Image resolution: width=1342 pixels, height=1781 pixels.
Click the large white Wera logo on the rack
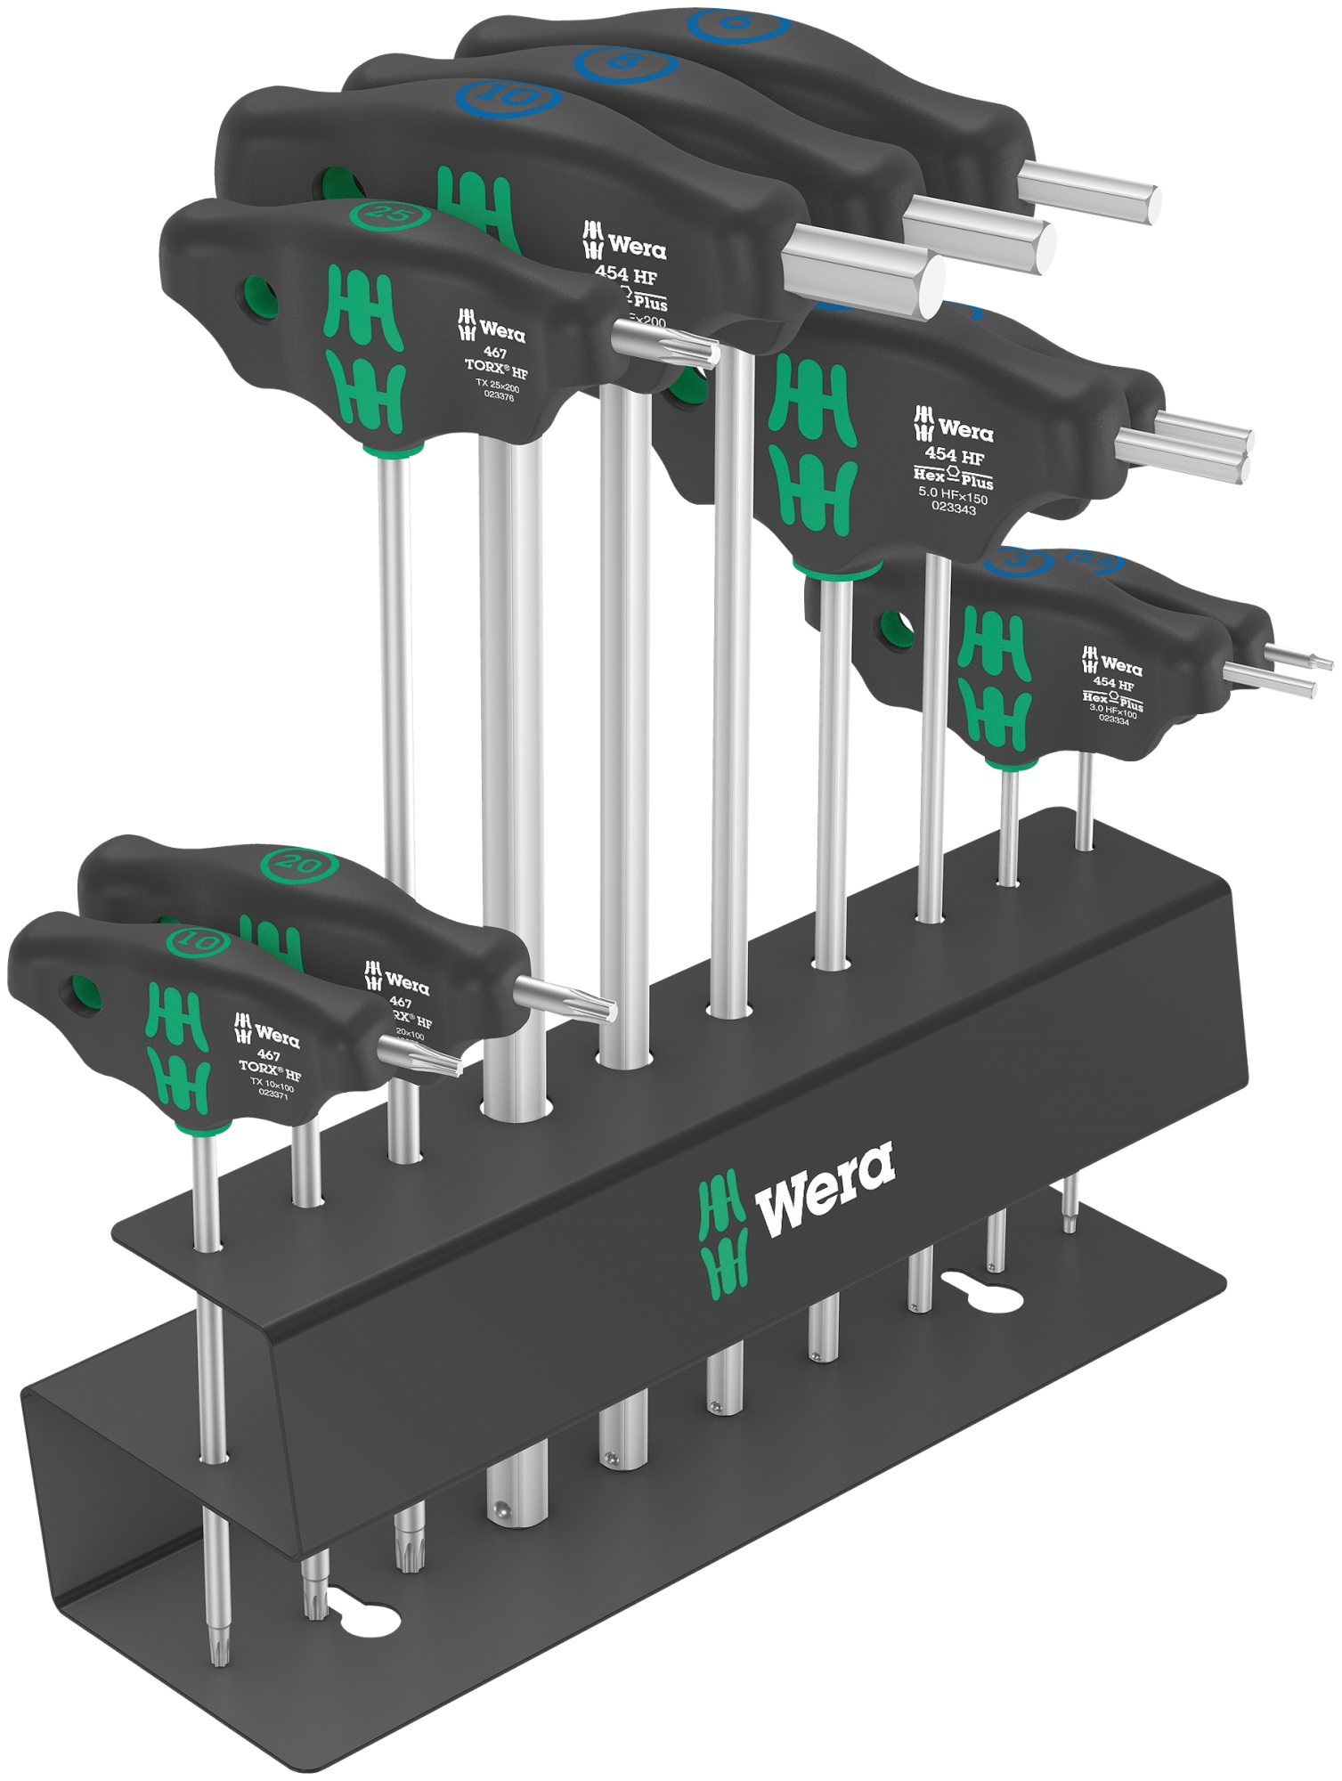pos(824,1189)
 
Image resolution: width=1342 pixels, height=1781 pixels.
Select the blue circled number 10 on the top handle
pos(508,95)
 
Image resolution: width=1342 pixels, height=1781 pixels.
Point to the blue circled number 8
pos(625,63)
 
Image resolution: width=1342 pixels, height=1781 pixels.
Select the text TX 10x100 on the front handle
pos(272,1086)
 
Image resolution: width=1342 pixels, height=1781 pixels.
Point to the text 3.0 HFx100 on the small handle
pos(1113,712)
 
